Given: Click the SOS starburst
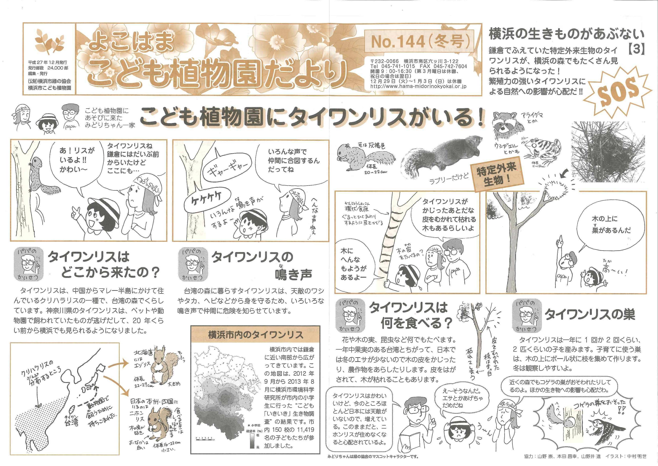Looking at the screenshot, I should coord(616,92).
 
